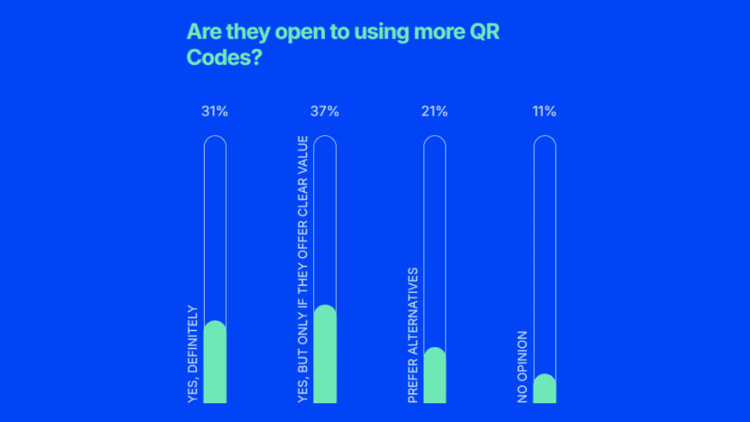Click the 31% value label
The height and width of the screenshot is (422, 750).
tap(214, 111)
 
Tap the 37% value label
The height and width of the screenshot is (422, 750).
tap(324, 111)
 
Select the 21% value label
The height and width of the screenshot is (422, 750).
tap(434, 111)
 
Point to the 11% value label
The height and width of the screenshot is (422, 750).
tap(544, 111)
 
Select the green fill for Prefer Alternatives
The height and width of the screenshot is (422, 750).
tap(434, 375)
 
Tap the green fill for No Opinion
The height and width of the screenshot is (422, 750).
tap(544, 388)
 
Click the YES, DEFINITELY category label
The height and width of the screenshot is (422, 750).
tap(193, 354)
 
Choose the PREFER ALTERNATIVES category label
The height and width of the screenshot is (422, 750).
tap(413, 335)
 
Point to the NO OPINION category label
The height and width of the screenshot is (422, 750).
tap(522, 367)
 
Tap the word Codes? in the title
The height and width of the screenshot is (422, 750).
tap(224, 58)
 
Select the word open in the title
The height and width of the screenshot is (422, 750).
tap(300, 33)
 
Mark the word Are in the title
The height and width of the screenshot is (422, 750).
tap(204, 32)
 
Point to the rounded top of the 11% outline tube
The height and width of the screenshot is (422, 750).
tap(545, 136)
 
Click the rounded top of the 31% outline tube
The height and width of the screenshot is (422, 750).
tap(215, 136)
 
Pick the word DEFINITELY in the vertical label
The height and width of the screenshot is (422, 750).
tap(193, 339)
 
